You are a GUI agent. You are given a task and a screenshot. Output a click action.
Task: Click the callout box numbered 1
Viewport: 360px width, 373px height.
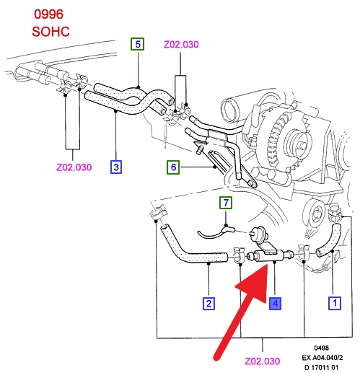[x=335, y=303]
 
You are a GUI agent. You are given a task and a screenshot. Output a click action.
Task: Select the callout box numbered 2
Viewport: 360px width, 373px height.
[x=208, y=304]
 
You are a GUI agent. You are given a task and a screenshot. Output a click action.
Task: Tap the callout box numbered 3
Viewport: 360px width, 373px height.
[x=116, y=167]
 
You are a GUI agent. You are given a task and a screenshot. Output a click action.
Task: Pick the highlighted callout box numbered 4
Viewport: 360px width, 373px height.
[x=275, y=304]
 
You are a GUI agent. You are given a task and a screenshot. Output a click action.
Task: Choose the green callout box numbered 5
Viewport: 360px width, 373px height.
[x=138, y=44]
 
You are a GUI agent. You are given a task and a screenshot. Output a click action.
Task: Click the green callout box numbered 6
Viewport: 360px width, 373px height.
[x=173, y=167]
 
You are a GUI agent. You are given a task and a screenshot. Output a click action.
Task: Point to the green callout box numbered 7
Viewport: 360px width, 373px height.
[x=226, y=203]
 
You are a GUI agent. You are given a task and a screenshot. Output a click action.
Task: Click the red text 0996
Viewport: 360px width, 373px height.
[x=48, y=14]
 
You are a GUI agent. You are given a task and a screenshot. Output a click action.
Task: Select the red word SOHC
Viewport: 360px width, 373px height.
[x=51, y=32]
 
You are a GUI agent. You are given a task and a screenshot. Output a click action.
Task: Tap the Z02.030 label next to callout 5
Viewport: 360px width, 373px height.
[x=181, y=45]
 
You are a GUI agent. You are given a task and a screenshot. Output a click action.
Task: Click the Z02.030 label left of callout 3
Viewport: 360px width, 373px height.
[x=74, y=167]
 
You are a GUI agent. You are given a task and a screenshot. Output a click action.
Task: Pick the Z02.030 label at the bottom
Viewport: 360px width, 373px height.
[x=263, y=361]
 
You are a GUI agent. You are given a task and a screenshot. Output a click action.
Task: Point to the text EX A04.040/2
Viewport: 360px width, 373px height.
[x=322, y=358]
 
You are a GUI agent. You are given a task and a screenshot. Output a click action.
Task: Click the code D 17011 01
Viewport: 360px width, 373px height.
[x=321, y=367]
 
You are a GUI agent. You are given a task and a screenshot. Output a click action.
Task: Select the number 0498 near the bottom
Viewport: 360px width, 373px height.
[x=322, y=348]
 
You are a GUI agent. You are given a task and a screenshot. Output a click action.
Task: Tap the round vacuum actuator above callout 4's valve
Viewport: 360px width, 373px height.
[x=257, y=233]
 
